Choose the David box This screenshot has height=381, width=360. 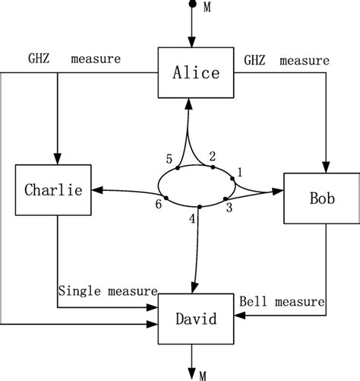(194, 320)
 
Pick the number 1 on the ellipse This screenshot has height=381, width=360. (241, 173)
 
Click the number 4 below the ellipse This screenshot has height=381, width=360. (191, 221)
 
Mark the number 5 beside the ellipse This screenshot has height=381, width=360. (169, 158)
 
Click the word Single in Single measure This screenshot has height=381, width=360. (79, 291)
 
